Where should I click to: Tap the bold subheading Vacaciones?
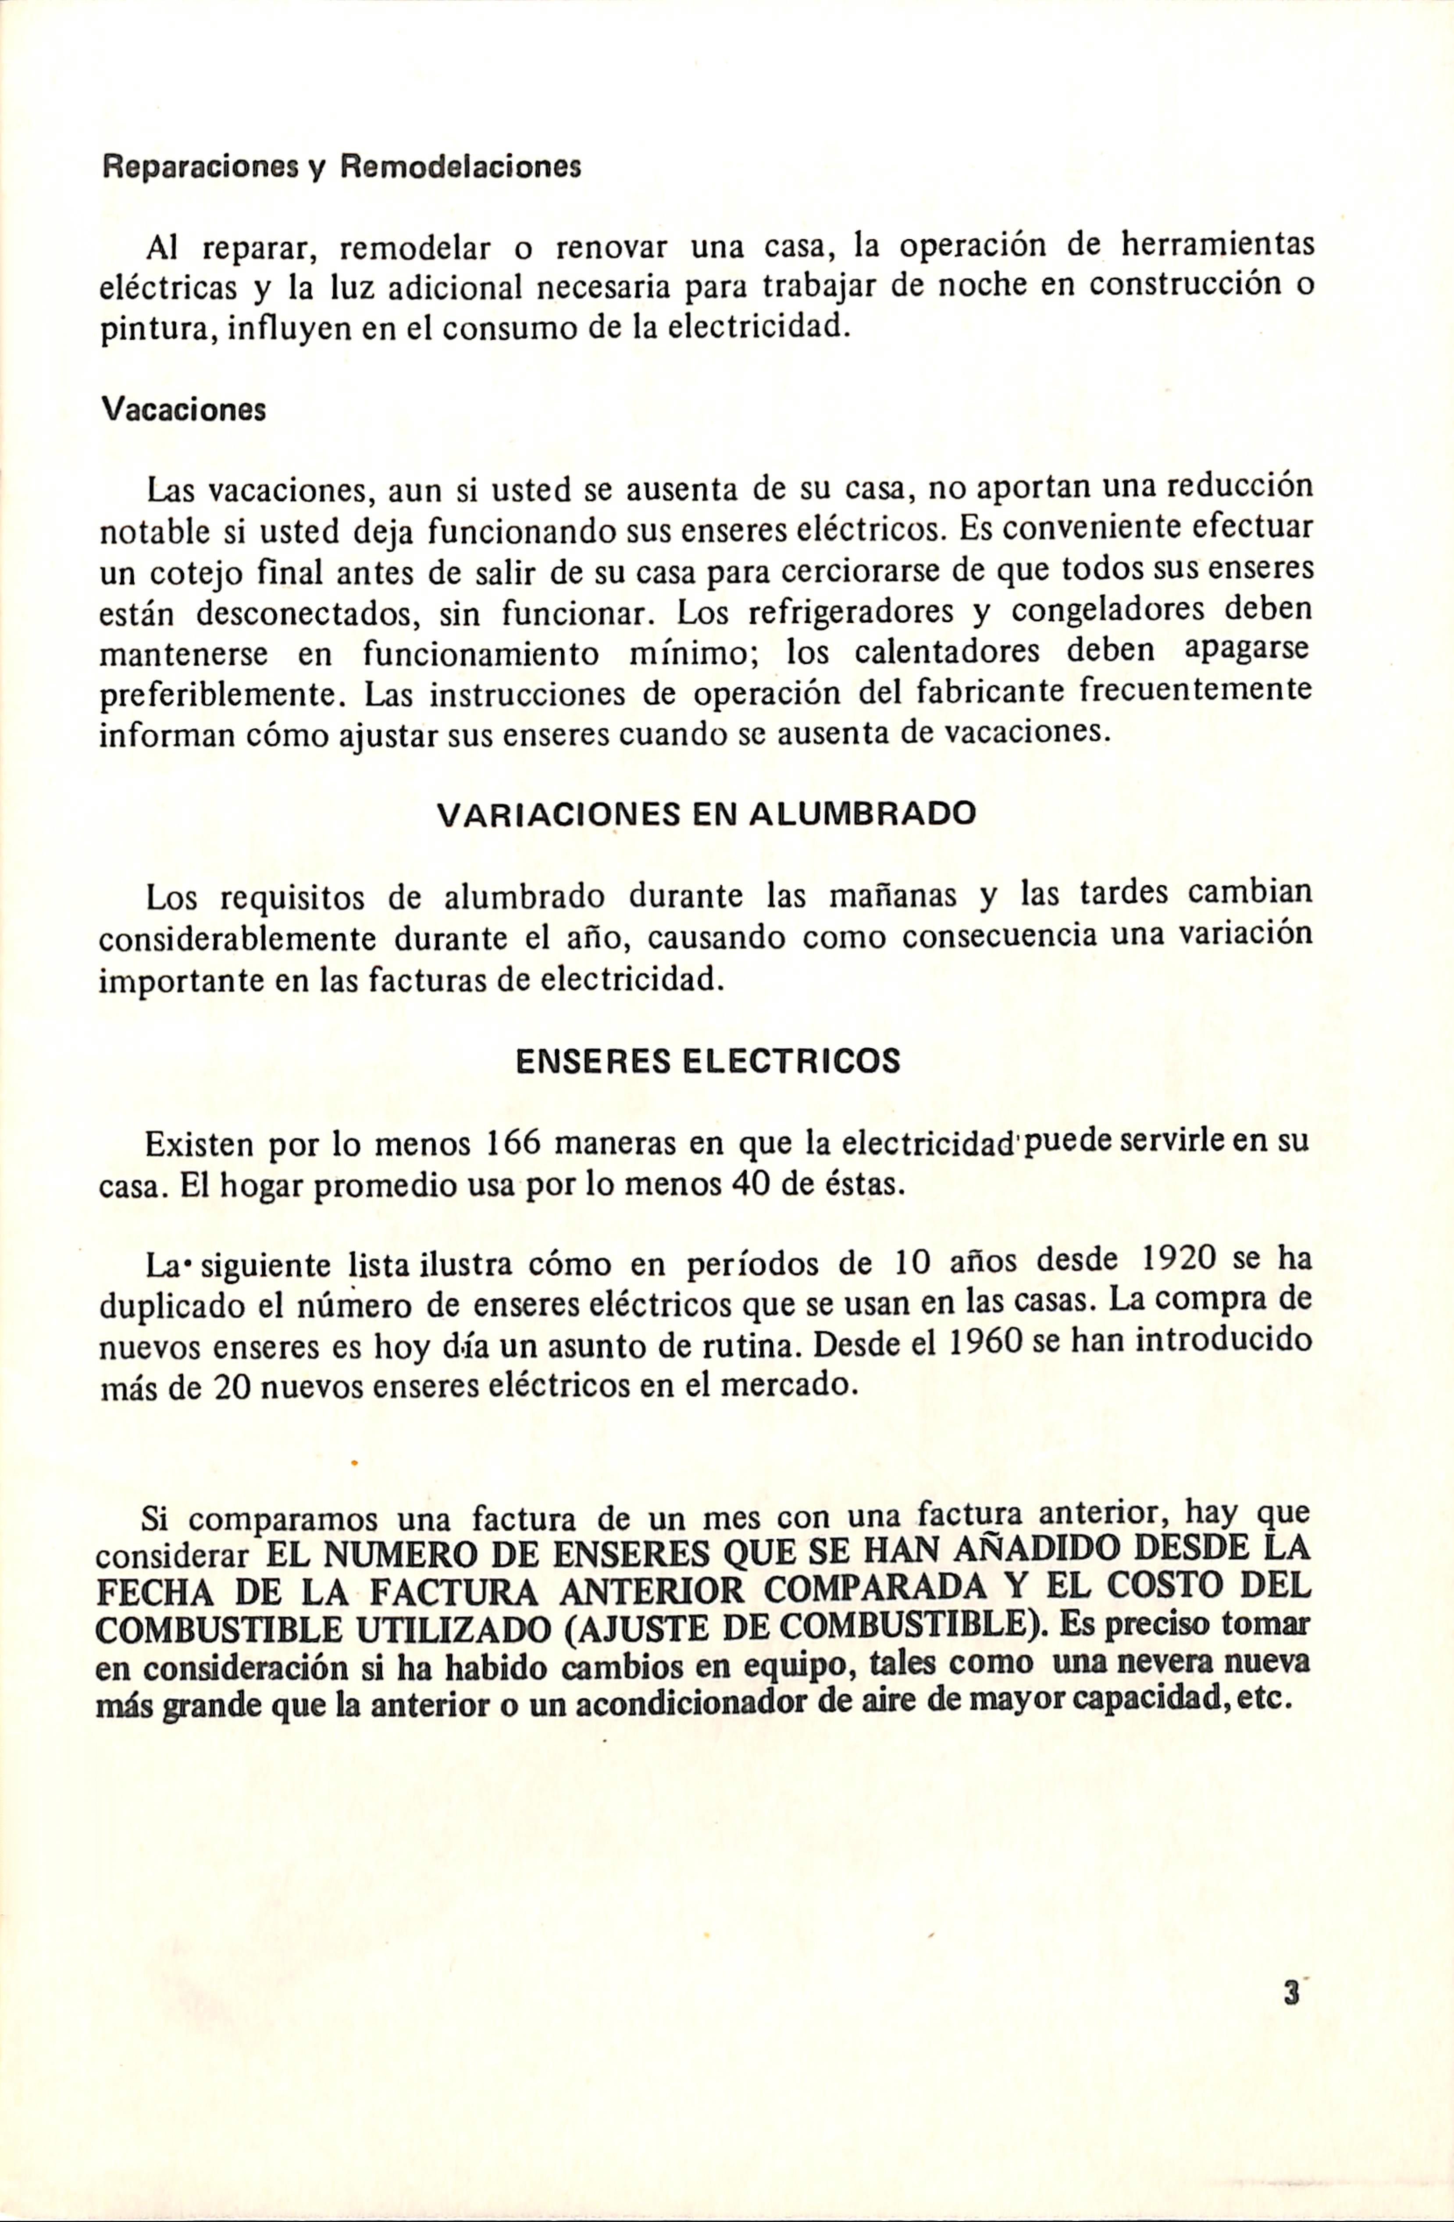[x=183, y=410]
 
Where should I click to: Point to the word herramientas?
[x=1216, y=246]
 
